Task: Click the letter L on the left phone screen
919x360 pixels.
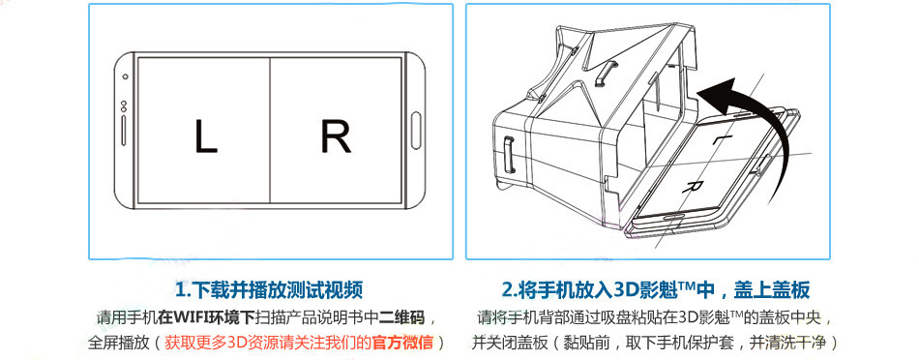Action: tap(205, 136)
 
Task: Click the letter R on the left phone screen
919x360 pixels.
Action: tap(336, 136)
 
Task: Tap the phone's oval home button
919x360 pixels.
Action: tap(415, 130)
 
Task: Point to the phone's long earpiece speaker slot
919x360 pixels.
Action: tap(124, 131)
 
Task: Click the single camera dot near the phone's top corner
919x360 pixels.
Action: tap(125, 76)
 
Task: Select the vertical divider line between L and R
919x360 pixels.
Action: tap(270, 130)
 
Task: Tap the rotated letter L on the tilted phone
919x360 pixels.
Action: tap(719, 139)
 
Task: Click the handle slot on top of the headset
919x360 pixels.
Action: tap(605, 73)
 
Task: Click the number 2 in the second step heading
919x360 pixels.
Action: tap(508, 289)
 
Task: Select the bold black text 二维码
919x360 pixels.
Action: tap(401, 317)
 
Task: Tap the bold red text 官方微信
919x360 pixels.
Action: tap(401, 342)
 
